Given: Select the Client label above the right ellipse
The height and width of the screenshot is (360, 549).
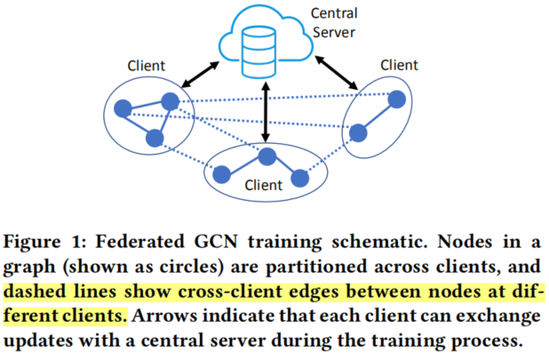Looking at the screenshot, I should pyautogui.click(x=400, y=65).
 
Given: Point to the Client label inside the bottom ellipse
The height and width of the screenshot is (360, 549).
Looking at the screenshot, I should pyautogui.click(x=263, y=185).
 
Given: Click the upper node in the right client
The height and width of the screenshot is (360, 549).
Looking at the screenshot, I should pyautogui.click(x=397, y=100).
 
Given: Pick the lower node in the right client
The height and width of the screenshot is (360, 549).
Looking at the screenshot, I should pyautogui.click(x=358, y=133).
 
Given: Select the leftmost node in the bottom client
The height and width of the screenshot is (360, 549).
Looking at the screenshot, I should pyautogui.click(x=223, y=172).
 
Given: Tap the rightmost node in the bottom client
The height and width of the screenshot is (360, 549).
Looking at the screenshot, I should pyautogui.click(x=300, y=178).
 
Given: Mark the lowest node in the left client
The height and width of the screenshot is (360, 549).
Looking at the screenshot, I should pyautogui.click(x=155, y=137).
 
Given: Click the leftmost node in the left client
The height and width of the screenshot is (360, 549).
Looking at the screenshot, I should pyautogui.click(x=123, y=109).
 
